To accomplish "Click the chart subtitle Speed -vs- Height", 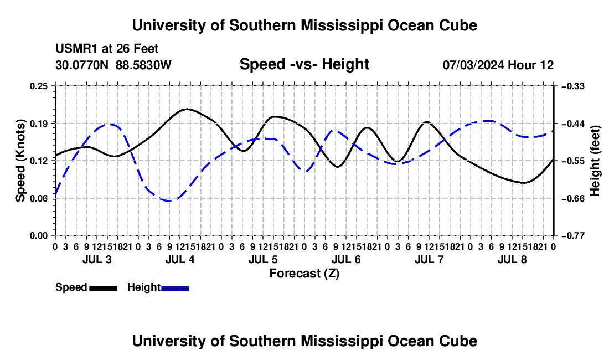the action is [x=304, y=64].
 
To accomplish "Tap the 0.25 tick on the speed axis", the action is [x=38, y=86].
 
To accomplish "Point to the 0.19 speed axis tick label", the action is [x=38, y=124].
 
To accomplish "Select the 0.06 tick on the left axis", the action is [x=38, y=198].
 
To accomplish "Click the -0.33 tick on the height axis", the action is [x=573, y=86].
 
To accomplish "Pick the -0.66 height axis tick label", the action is [x=573, y=198].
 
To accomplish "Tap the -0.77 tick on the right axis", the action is [x=573, y=236].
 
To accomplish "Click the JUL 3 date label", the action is [x=97, y=259].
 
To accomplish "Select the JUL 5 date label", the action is [x=263, y=259].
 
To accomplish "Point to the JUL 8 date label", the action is [x=512, y=259].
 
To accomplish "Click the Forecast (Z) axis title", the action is [x=304, y=274].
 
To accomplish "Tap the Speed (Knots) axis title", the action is [x=20, y=161].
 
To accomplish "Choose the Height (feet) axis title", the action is [x=595, y=161].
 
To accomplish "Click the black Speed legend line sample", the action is [x=104, y=289].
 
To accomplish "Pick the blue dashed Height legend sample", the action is [x=175, y=289].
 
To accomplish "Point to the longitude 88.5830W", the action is [x=143, y=65].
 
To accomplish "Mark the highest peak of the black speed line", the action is [x=188, y=109].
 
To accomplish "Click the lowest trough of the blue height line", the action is [x=170, y=201].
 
